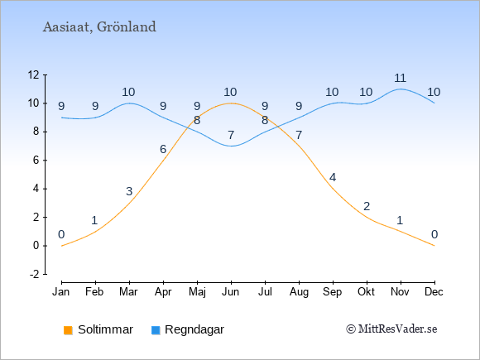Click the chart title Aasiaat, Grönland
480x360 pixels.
pyautogui.click(x=99, y=27)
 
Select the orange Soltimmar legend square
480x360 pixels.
pyautogui.click(x=68, y=330)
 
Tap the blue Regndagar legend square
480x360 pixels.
pyautogui.click(x=156, y=330)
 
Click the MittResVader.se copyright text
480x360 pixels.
pyautogui.click(x=391, y=329)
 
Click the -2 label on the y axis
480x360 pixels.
pyautogui.click(x=35, y=274)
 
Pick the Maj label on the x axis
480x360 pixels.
pyautogui.click(x=197, y=292)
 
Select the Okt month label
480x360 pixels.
pyautogui.click(x=366, y=292)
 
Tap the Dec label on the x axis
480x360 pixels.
pyautogui.click(x=434, y=292)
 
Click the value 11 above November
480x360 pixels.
pyautogui.click(x=400, y=79)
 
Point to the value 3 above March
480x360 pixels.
pyautogui.click(x=129, y=192)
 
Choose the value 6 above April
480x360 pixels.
pyautogui.click(x=163, y=150)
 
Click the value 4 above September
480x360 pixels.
pyautogui.click(x=333, y=178)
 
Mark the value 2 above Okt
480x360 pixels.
pyautogui.click(x=367, y=206)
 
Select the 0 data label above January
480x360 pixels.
pyautogui.click(x=61, y=235)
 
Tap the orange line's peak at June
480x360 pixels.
pyautogui.click(x=231, y=103)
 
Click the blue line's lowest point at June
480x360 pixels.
pyautogui.click(x=231, y=146)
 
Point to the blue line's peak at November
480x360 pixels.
pyautogui.click(x=401, y=89)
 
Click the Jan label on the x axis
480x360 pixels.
pyautogui.click(x=61, y=292)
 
